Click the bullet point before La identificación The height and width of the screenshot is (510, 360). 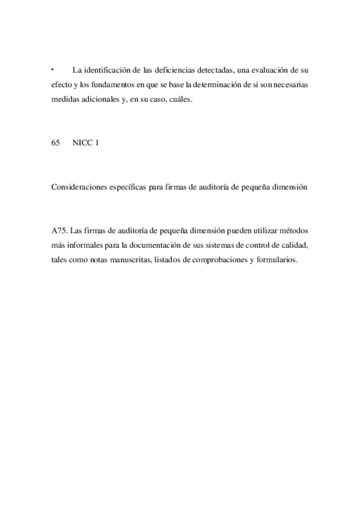[x=53, y=70]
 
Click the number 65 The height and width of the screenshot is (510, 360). [x=56, y=143]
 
